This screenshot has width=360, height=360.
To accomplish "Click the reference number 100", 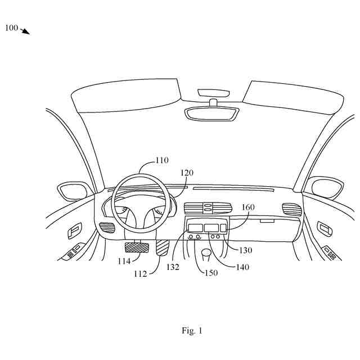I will (x=11, y=28).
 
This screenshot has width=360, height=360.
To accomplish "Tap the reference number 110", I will (x=161, y=160).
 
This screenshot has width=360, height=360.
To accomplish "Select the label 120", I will (x=187, y=173).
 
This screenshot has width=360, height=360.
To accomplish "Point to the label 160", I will (x=248, y=207).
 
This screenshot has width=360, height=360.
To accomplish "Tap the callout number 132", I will (x=173, y=267).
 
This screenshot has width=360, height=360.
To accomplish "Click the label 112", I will (x=141, y=274).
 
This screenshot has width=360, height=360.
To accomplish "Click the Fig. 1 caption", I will (x=191, y=331).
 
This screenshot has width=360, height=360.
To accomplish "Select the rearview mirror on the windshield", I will (x=213, y=112).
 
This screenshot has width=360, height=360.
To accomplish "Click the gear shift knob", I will (x=206, y=254).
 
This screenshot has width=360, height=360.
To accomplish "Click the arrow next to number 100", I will (x=25, y=31).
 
